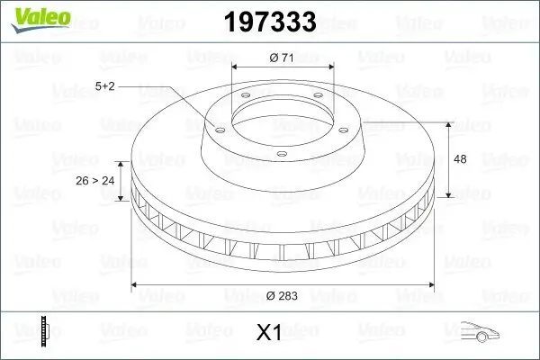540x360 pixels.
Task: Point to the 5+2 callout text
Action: click(x=106, y=86)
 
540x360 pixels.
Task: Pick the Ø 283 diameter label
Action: click(x=283, y=295)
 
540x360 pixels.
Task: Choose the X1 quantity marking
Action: click(x=269, y=333)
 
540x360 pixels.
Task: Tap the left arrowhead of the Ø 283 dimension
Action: click(x=137, y=284)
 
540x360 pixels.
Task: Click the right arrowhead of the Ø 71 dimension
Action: click(x=330, y=67)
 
